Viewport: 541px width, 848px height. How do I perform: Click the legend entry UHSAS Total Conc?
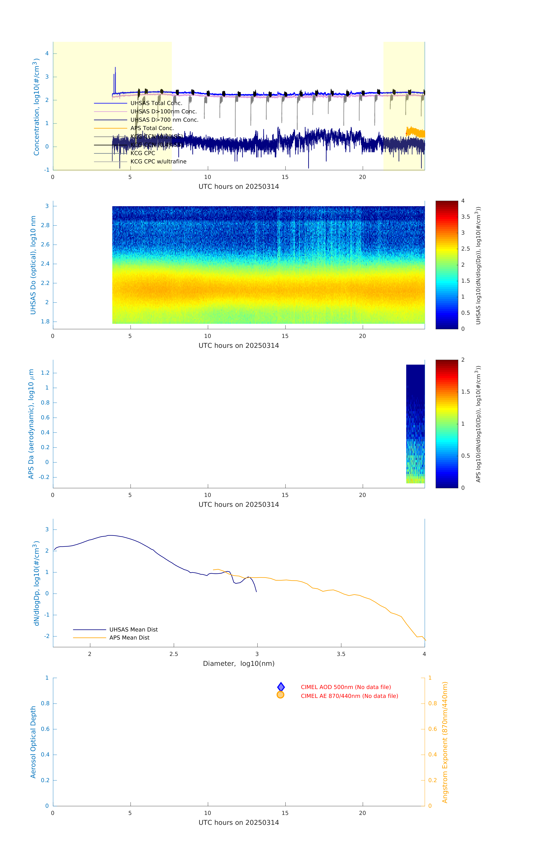pyautogui.click(x=156, y=103)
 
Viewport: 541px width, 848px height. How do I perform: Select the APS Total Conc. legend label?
pyautogui.click(x=152, y=128)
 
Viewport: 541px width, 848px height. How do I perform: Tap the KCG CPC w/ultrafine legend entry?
pyautogui.click(x=158, y=162)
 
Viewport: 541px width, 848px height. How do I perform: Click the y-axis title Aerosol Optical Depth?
pyautogui.click(x=33, y=742)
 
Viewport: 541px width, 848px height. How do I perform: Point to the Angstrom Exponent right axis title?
pyautogui.click(x=445, y=742)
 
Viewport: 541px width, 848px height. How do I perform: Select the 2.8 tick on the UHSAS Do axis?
pyautogui.click(x=45, y=225)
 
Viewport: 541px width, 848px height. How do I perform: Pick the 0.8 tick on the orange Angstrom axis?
pyautogui.click(x=433, y=703)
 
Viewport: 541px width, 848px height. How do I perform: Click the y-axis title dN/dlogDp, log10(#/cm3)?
pyautogui.click(x=36, y=583)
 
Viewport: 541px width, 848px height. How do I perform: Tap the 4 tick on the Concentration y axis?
pyautogui.click(x=47, y=54)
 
